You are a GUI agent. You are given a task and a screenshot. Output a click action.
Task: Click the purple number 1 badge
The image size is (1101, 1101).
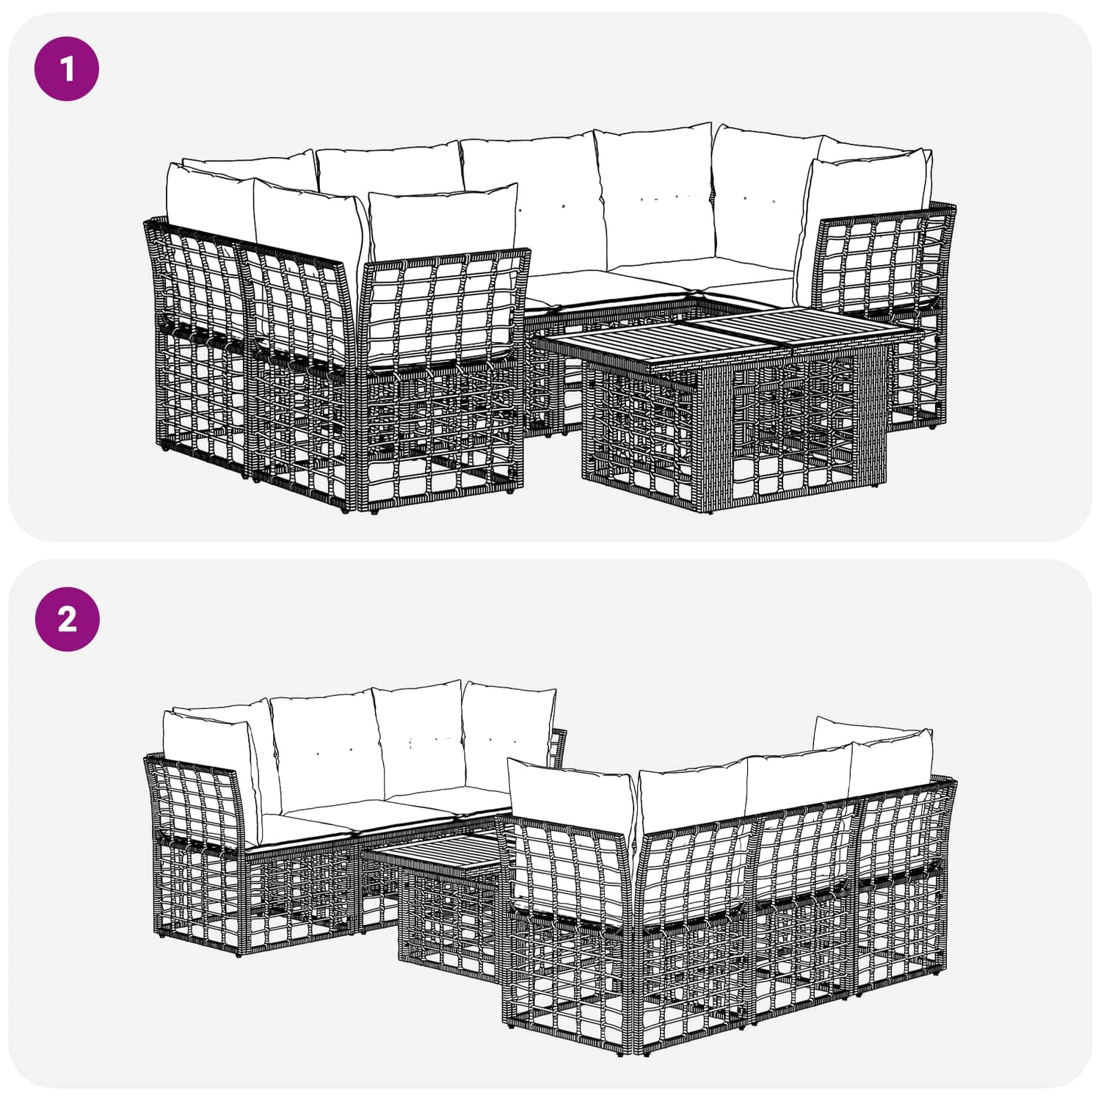pyautogui.click(x=67, y=68)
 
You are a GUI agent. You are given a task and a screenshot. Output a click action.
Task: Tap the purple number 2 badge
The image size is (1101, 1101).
pyautogui.click(x=67, y=619)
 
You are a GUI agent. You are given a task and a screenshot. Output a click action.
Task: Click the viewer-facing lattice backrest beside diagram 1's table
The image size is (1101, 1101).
pyautogui.click(x=444, y=308)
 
